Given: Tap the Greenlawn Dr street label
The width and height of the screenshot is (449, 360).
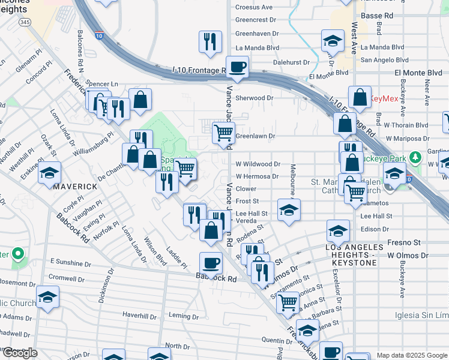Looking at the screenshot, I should [255, 136].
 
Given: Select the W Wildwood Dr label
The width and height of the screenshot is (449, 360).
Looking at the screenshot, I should [258, 164].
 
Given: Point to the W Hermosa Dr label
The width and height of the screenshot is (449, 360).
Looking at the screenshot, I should [257, 176].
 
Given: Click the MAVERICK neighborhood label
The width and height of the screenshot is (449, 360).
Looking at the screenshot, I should [75, 187].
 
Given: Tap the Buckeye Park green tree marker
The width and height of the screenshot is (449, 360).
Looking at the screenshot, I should [414, 158].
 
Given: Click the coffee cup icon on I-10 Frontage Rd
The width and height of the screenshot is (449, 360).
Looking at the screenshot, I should [237, 67].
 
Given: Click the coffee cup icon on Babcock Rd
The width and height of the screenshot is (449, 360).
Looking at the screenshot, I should [211, 262].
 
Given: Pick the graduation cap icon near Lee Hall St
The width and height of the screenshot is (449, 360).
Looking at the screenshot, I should [289, 209].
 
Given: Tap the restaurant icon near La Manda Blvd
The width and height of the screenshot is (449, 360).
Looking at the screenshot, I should [210, 41].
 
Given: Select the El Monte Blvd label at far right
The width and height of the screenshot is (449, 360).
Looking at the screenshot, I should [418, 73].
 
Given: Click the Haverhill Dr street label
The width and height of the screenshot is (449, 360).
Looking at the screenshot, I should [139, 315].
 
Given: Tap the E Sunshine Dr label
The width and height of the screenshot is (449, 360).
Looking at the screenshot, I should [71, 262].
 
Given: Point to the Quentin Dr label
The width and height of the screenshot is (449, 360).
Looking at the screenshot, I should [277, 340].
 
